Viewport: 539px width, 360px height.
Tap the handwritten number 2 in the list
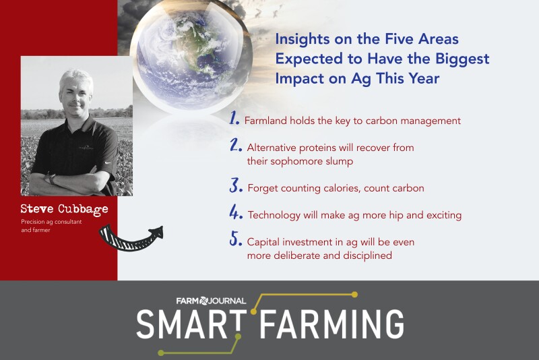coord(235,146)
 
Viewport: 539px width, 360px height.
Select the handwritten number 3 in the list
coord(235,185)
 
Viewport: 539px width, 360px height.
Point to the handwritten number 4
coord(235,214)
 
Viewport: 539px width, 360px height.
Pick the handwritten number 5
coord(235,239)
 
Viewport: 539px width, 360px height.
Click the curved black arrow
coord(131,235)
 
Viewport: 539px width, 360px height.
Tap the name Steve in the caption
coord(37,209)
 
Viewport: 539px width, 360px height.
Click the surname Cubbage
coord(83,210)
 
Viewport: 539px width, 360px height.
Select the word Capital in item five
coord(264,241)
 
